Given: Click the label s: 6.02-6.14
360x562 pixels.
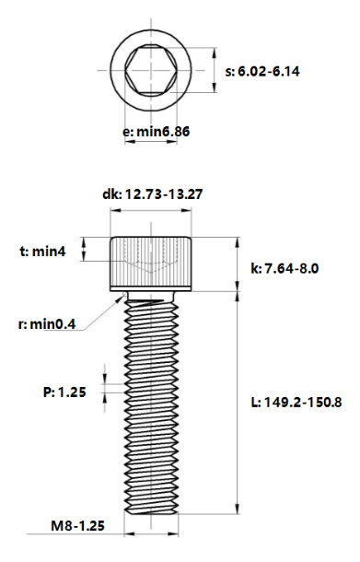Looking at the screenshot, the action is coord(262,71).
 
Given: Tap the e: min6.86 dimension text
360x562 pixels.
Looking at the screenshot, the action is coord(157,132).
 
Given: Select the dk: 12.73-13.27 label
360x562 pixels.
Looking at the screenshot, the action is coord(153,193).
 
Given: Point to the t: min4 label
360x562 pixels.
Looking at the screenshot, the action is coord(42,252).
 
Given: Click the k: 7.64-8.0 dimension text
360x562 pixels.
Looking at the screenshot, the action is coord(285,268).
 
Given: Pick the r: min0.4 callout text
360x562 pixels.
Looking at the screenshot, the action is coord(47,324).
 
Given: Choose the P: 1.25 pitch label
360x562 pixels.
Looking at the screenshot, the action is coord(64,392).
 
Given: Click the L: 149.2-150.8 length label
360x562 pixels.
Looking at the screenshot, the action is coord(296,402).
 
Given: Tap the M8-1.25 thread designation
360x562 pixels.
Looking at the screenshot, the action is coord(77,526).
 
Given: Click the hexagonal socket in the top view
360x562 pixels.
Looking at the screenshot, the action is coord(151,70).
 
